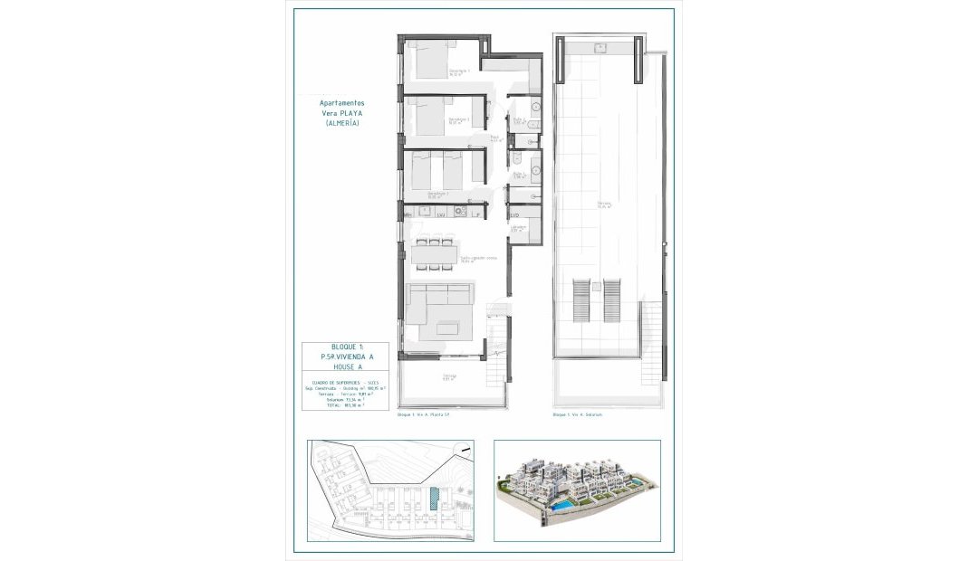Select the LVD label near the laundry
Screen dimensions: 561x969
tap(514, 215)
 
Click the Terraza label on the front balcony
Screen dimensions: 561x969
tap(449, 376)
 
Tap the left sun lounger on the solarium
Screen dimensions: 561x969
tap(582, 300)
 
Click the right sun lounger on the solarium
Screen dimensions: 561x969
tap(612, 300)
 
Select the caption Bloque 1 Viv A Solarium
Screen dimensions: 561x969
tap(577, 414)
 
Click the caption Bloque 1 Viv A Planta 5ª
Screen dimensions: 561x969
tap(424, 414)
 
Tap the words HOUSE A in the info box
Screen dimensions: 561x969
tap(345, 368)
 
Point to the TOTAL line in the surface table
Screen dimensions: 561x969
tap(344, 406)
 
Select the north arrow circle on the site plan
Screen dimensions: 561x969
tap(465, 447)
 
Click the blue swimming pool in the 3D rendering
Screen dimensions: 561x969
tap(563, 500)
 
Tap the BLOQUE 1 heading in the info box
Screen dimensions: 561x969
tap(345, 347)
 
